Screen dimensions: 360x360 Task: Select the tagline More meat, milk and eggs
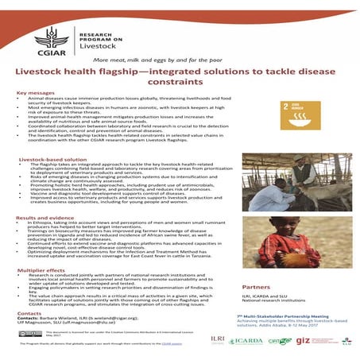click(x=179, y=61)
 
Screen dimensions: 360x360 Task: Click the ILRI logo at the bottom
click(x=217, y=339)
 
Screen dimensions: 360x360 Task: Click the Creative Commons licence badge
click(x=31, y=333)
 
